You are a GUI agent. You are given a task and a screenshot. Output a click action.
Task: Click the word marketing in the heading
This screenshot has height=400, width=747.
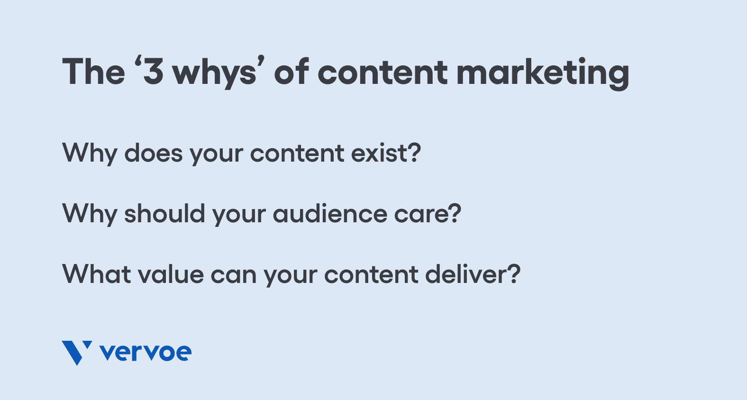click(543, 73)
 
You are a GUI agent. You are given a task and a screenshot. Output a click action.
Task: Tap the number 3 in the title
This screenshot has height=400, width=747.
click(153, 72)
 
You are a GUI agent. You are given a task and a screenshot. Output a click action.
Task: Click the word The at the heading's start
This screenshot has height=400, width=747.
click(93, 72)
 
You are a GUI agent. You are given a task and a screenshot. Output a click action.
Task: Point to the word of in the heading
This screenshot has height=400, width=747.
click(292, 71)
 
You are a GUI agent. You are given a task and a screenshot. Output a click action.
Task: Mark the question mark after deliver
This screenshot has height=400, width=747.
click(514, 273)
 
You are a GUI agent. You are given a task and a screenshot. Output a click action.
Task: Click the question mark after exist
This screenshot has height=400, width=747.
click(415, 152)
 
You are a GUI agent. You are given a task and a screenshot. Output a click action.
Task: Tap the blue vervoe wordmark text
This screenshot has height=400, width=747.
click(146, 353)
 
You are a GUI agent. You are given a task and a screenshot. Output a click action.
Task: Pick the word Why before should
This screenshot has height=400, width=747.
click(90, 215)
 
